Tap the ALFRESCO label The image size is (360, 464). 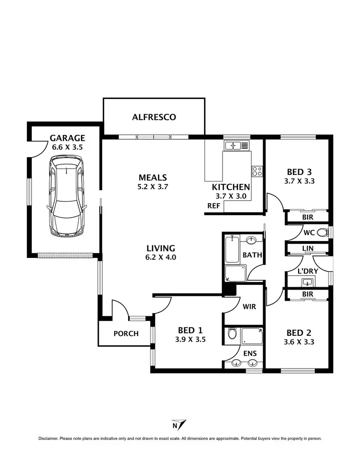[x=154, y=117]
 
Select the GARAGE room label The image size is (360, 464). [x=67, y=138]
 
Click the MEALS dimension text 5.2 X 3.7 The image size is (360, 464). [x=153, y=187]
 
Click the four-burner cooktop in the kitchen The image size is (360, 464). [x=257, y=171]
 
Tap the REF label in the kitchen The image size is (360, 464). [x=214, y=206]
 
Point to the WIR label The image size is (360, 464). [x=249, y=306]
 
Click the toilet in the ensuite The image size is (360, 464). [x=232, y=333]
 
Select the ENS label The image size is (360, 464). [x=250, y=354]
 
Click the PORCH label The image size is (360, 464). [x=126, y=333]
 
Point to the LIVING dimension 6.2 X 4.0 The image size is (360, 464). [x=161, y=257]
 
